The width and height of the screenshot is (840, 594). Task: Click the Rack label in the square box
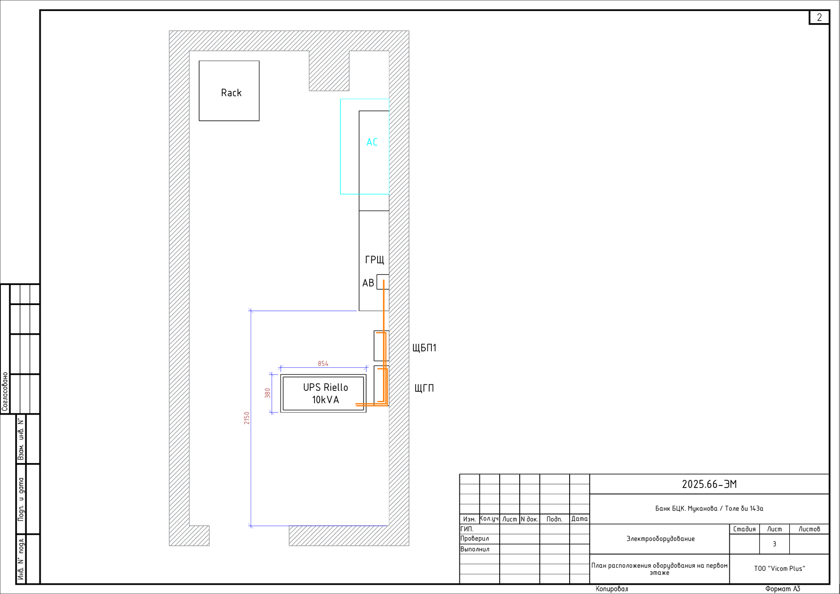point(231,93)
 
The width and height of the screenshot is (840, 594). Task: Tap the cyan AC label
point(372,142)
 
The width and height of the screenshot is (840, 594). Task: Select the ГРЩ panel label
point(374,260)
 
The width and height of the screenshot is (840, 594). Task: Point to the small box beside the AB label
point(383,282)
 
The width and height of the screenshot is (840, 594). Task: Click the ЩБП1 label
point(424,348)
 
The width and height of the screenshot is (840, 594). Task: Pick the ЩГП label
point(424,388)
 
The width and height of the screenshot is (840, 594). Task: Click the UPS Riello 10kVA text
point(325,394)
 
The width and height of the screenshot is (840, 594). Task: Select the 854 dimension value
point(323,364)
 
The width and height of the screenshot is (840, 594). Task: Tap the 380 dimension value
point(268,393)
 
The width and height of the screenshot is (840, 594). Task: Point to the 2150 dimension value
point(247,418)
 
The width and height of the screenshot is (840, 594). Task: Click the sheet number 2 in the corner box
point(819,17)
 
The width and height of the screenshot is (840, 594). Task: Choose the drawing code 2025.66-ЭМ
point(709,484)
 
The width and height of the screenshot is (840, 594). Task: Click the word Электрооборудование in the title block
point(660,539)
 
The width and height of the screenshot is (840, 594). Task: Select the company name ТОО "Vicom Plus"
point(780,569)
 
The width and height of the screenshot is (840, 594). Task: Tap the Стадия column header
point(744,529)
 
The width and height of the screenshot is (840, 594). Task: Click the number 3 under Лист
point(774,544)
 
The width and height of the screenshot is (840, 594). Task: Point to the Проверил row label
point(475,538)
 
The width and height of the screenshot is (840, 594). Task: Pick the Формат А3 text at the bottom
point(783,589)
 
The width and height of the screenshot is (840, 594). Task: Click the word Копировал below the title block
point(612,589)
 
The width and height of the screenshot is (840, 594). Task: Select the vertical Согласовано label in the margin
point(5,392)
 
